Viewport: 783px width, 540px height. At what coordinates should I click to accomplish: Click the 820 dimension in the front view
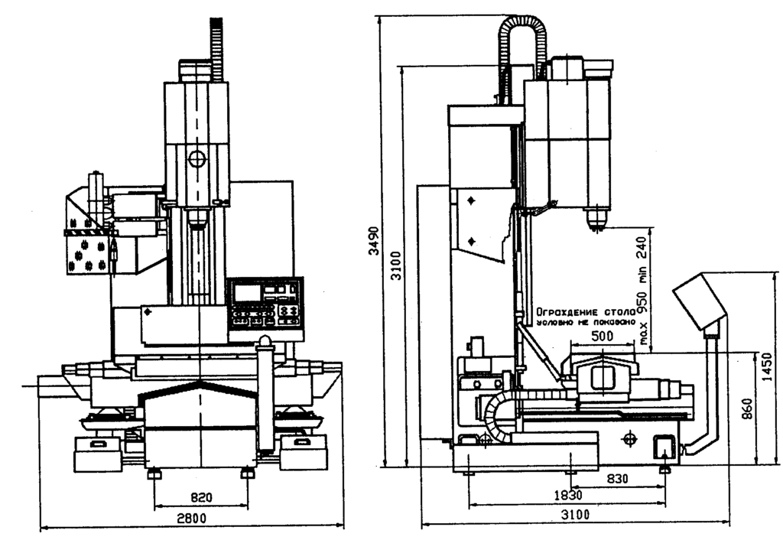200,497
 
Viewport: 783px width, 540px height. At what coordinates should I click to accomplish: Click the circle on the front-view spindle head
197,159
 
